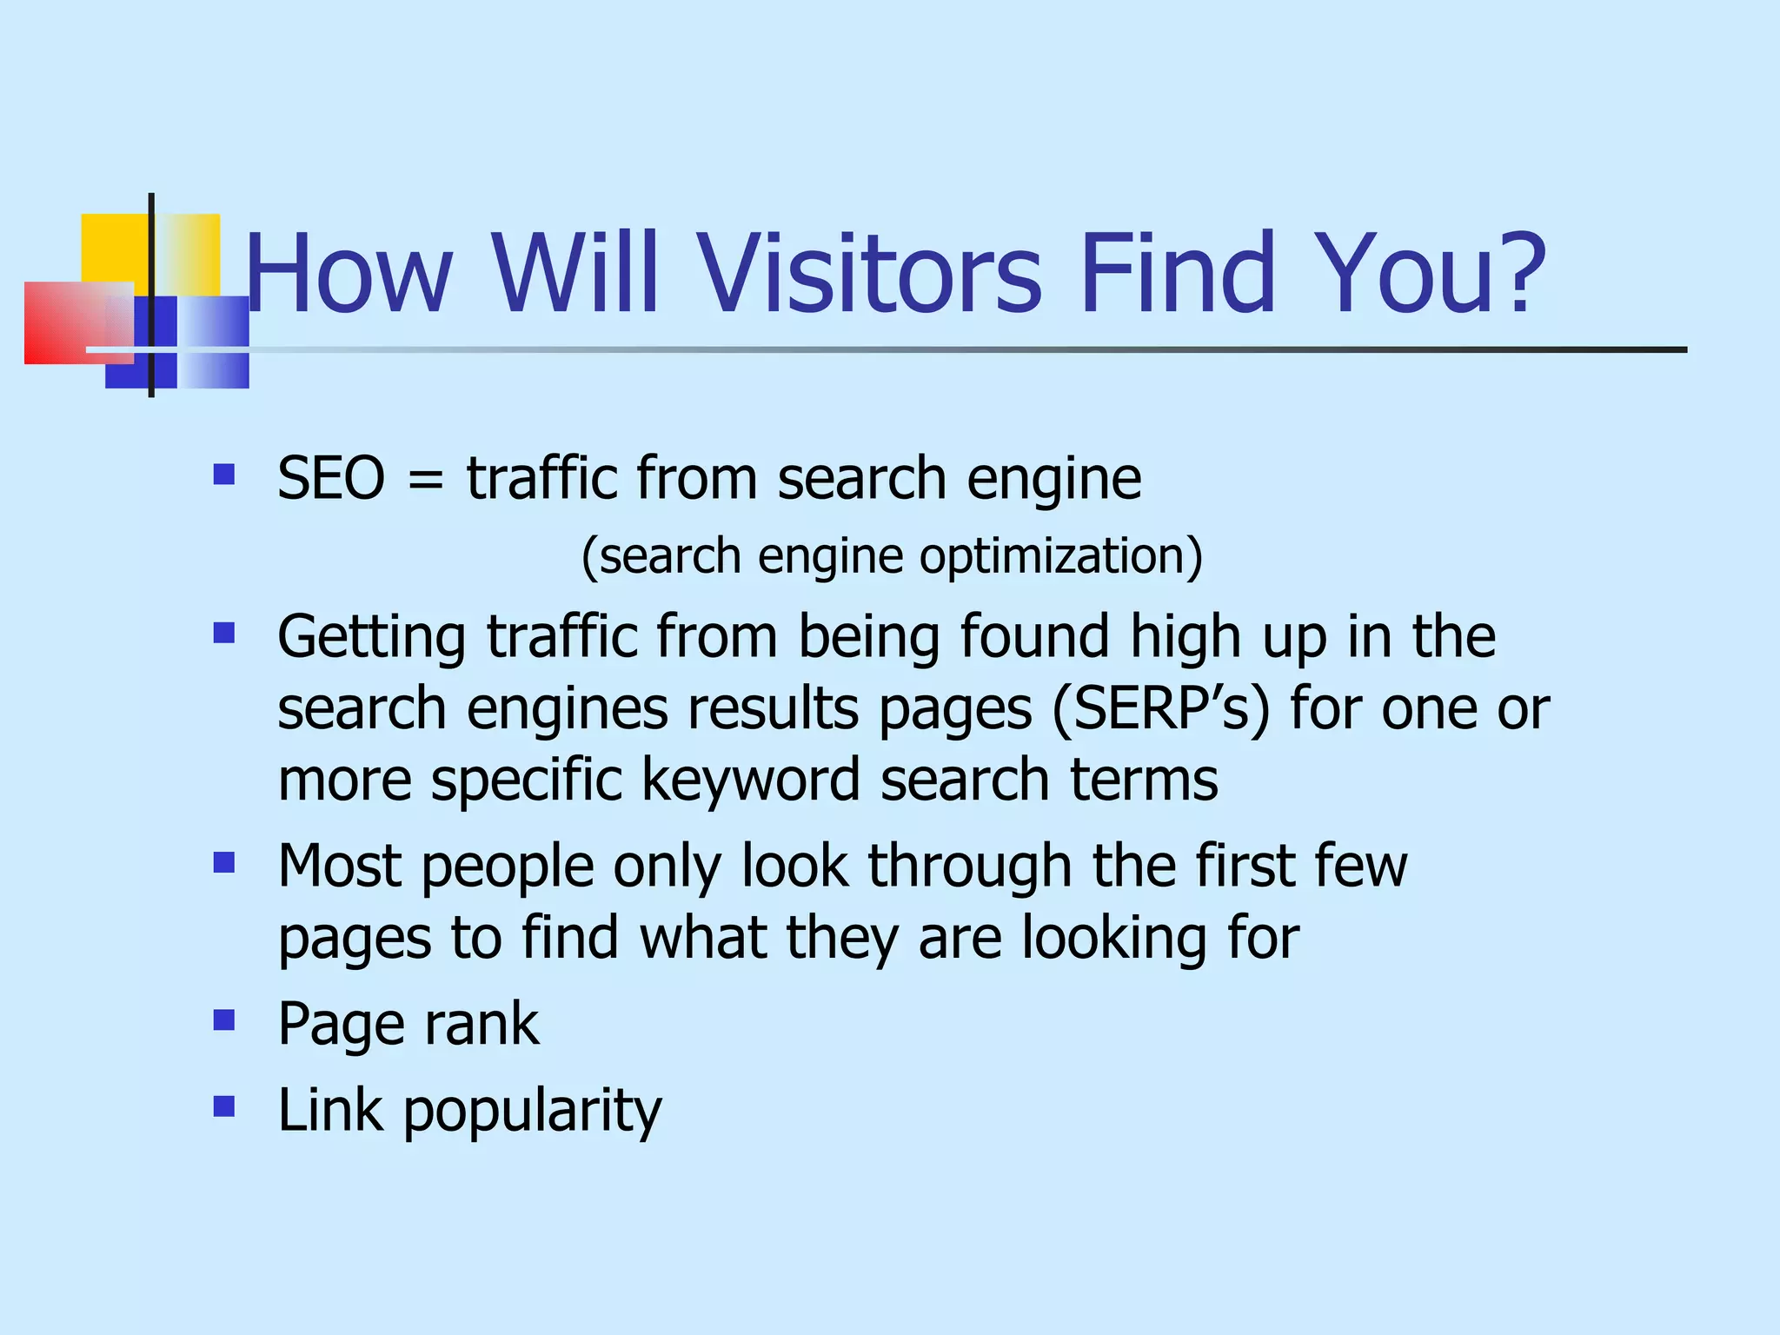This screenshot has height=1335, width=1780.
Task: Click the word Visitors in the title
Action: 870,272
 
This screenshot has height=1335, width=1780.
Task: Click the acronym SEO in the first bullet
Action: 331,478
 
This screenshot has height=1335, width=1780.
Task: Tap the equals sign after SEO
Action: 425,480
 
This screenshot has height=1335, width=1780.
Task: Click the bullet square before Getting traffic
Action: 224,632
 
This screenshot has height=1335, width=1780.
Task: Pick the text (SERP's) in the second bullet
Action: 1161,708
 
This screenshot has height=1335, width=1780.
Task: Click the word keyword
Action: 751,780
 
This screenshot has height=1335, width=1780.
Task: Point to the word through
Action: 970,867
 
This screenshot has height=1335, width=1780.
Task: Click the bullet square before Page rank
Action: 224,1020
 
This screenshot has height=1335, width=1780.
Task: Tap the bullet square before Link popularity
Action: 224,1106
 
